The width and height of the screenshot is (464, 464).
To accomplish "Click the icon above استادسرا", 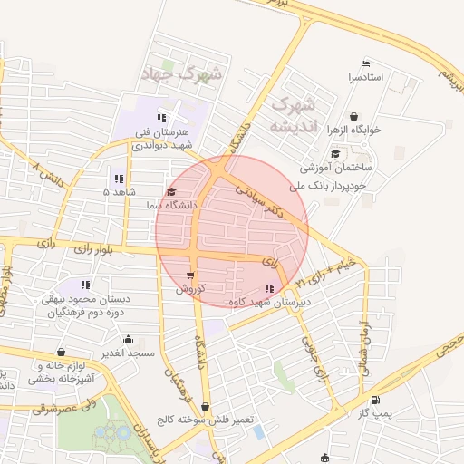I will click(x=365, y=63).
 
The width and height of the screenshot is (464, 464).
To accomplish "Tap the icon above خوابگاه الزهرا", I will click(x=353, y=116).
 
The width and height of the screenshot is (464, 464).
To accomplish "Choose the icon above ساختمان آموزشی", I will click(x=335, y=153).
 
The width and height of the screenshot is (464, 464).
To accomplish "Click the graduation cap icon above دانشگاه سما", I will click(x=172, y=191).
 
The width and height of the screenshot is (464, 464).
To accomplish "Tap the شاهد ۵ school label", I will click(x=119, y=192).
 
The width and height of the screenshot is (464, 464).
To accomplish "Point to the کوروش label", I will click(x=191, y=289).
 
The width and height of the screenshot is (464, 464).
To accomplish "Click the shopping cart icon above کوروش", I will click(x=190, y=275).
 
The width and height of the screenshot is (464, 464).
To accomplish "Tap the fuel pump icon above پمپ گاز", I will click(x=375, y=399).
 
